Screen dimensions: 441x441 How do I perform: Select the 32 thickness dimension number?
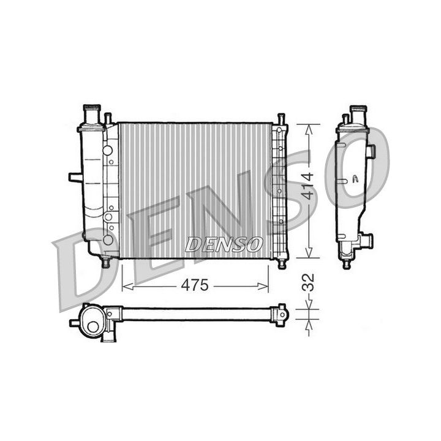(x=309, y=282)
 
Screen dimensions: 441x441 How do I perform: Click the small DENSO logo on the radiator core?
(x=224, y=244)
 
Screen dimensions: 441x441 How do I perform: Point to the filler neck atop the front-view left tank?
(x=91, y=114)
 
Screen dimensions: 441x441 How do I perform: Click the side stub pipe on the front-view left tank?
(x=75, y=177)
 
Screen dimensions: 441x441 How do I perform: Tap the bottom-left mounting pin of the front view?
(x=105, y=263)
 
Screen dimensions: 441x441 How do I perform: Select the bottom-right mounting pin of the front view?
(x=282, y=263)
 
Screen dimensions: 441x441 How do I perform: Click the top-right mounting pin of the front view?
(x=281, y=118)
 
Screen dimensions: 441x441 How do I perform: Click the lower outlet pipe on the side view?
(x=367, y=241)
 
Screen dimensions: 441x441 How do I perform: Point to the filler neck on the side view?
(x=357, y=114)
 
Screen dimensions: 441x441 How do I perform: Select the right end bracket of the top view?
(x=281, y=314)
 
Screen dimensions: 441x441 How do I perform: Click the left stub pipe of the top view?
(x=75, y=322)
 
